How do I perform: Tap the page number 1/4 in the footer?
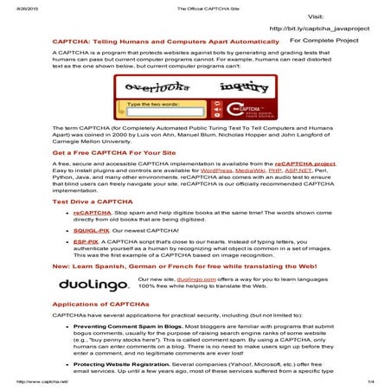pyautogui.click(x=369, y=381)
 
